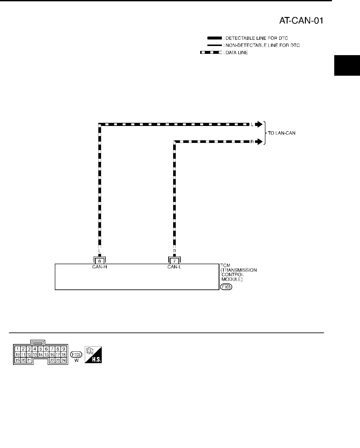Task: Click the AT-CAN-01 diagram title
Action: pyautogui.click(x=301, y=21)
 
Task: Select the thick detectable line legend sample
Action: pyautogui.click(x=212, y=38)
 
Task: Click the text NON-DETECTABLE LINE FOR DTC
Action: pyautogui.click(x=262, y=45)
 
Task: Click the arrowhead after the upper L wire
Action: pyautogui.click(x=258, y=124)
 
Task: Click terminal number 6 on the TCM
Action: pyautogui.click(x=100, y=261)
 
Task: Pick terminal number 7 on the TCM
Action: pyautogui.click(x=174, y=261)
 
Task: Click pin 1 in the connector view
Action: pyautogui.click(x=18, y=349)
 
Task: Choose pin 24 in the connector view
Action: pyautogui.click(x=64, y=360)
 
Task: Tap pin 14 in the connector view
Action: pyautogui.click(x=40, y=354)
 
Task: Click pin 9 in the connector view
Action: pyautogui.click(x=64, y=349)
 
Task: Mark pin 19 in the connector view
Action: pyautogui.click(x=18, y=360)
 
